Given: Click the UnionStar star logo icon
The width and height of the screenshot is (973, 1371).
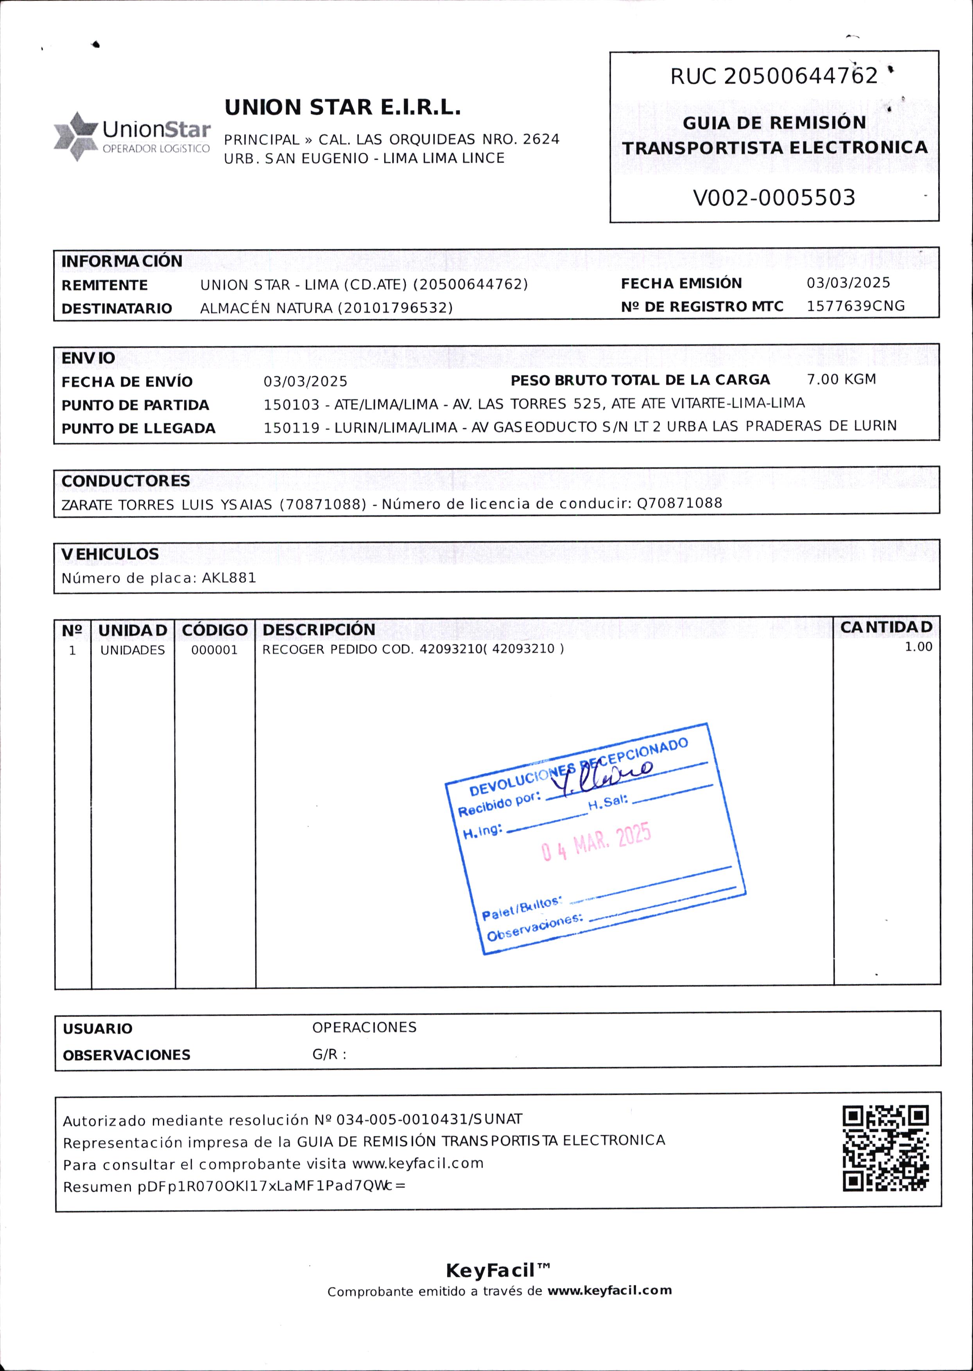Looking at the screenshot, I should pyautogui.click(x=76, y=136).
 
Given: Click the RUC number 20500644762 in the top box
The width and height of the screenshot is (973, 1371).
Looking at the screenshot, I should pyautogui.click(x=801, y=76).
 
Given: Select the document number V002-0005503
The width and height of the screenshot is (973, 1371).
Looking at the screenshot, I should pyautogui.click(x=774, y=198).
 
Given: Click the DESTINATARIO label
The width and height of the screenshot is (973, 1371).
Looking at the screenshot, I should pyautogui.click(x=117, y=308).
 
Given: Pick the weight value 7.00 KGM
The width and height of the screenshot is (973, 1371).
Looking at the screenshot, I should pyautogui.click(x=841, y=379).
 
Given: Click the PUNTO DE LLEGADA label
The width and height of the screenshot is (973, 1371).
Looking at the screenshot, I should pyautogui.click(x=138, y=428).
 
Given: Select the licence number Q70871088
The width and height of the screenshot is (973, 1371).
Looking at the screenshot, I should pyautogui.click(x=679, y=503).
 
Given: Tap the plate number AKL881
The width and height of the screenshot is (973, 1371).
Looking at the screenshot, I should pyautogui.click(x=229, y=578).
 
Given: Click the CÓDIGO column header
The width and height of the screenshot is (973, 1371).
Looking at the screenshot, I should pyautogui.click(x=215, y=630).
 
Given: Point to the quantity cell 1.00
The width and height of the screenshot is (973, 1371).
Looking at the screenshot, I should pyautogui.click(x=918, y=647).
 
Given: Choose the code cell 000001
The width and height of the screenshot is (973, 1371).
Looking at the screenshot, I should pyautogui.click(x=215, y=650).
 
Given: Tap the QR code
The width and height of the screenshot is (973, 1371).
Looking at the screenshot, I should pyautogui.click(x=885, y=1148).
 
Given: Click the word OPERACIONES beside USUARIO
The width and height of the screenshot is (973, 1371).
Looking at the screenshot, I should pyautogui.click(x=364, y=1027).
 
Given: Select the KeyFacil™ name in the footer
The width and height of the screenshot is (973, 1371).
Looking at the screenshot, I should pyautogui.click(x=497, y=1271).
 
